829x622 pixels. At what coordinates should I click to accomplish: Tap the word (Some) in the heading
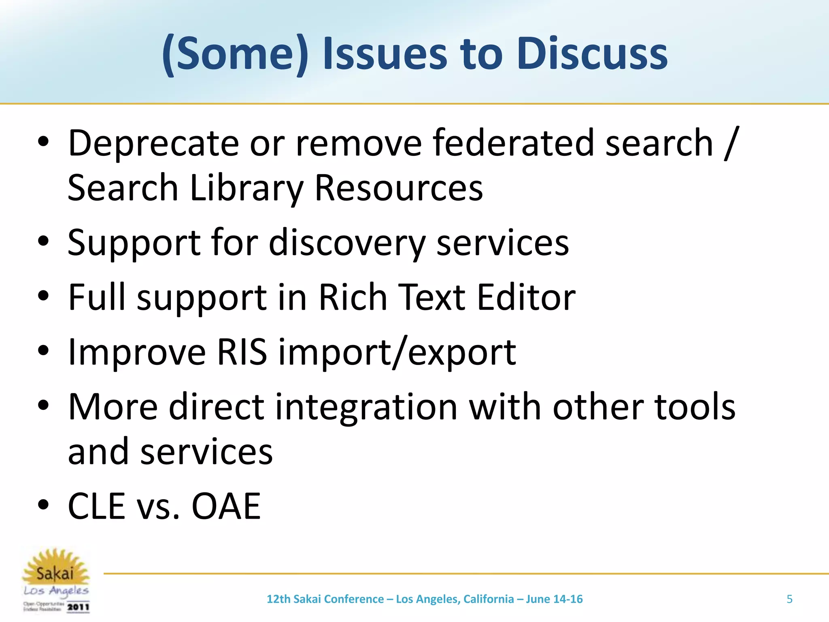pos(235,53)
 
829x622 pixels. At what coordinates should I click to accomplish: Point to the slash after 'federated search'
pos(731,143)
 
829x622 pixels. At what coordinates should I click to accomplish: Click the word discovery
pos(346,243)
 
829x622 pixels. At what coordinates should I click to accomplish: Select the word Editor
pos(526,297)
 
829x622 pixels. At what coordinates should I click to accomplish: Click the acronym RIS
pos(242,352)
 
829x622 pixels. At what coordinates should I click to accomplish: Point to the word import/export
pos(397,352)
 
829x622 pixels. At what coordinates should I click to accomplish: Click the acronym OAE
pos(226,506)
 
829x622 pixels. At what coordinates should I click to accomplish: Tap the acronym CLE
pos(97,506)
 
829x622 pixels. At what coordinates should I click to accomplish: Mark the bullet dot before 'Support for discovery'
pos(43,242)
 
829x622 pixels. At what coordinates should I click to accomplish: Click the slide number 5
pos(789,599)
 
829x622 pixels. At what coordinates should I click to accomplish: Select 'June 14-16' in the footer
pos(554,599)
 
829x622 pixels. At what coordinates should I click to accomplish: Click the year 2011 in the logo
pos(78,607)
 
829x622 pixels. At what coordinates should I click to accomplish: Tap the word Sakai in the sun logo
pos(55,573)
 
